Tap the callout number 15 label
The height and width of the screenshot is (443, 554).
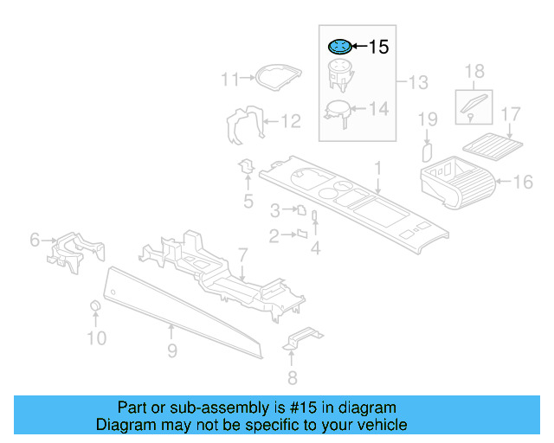point(379,48)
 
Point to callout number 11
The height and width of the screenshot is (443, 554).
point(229,80)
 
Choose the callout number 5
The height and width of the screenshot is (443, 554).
point(248,202)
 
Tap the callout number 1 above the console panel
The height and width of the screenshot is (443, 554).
point(377,166)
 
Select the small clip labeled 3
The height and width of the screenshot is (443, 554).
point(300,210)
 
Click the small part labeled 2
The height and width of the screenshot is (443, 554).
point(303,233)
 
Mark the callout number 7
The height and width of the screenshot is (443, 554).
point(243,255)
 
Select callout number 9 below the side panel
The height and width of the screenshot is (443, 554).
point(172,350)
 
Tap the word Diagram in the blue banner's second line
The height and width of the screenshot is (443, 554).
point(127,425)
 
